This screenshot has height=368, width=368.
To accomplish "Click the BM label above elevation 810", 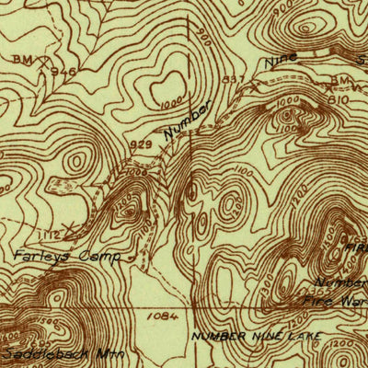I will pos(338,82).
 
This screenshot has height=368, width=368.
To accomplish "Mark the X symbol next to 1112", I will pos(70,224).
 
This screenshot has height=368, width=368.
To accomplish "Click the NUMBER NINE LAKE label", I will pos(257,337).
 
